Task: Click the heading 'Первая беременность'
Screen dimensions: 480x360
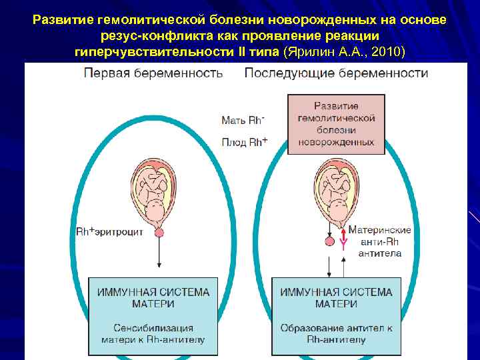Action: click(153, 73)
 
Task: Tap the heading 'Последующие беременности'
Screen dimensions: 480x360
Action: click(336, 73)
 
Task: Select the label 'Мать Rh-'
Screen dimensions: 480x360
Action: click(243, 121)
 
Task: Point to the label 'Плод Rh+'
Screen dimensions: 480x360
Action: click(245, 142)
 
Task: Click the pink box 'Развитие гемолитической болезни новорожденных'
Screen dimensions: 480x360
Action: click(336, 125)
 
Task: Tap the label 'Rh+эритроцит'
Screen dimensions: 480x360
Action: click(110, 232)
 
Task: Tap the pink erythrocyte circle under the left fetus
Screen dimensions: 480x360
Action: click(159, 232)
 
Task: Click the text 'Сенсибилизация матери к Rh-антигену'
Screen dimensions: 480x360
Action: click(153, 333)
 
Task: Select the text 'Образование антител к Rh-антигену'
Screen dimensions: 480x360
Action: click(336, 333)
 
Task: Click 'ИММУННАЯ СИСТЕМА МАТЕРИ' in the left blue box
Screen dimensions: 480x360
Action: click(153, 298)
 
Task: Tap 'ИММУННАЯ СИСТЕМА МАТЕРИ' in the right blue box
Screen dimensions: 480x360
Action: click(336, 298)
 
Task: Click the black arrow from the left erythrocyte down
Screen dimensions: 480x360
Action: click(159, 257)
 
